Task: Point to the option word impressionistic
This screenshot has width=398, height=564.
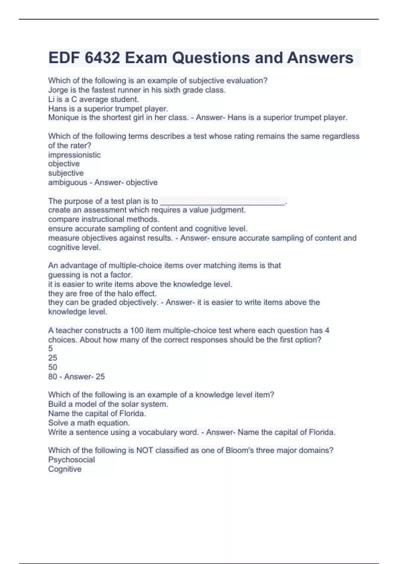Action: [x=74, y=155]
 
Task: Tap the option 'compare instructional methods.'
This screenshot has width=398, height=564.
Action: [x=104, y=219]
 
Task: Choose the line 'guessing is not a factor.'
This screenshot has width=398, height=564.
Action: [x=90, y=275]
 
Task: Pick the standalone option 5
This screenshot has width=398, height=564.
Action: [x=50, y=349]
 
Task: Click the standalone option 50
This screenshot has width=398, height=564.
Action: [x=53, y=367]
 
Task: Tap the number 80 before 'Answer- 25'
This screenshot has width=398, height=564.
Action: [x=53, y=377]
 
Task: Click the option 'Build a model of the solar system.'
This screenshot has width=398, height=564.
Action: [x=108, y=404]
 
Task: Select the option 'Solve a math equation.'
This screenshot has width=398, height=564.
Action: [x=89, y=423]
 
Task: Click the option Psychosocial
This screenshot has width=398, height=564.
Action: [x=71, y=459]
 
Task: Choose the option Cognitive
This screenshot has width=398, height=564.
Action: [x=65, y=469]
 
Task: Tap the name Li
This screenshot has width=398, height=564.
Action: [x=51, y=99]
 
